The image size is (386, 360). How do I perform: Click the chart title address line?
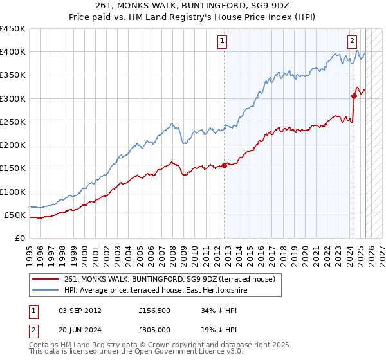point(192,7)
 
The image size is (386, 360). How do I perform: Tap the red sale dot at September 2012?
point(225,165)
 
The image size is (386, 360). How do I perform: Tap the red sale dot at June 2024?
point(354,96)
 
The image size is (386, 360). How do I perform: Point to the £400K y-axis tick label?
point(13,52)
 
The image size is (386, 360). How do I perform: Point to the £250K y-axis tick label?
point(13,122)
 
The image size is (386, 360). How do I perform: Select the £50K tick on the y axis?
point(16,215)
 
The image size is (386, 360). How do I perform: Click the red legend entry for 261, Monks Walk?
point(170,279)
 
